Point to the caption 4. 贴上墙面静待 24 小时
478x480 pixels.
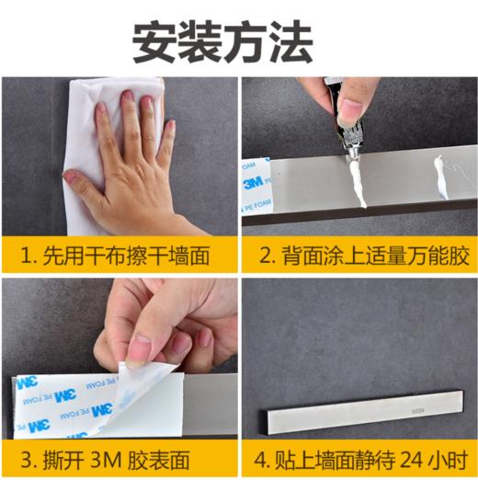click(x=359, y=457)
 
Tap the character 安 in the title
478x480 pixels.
click(x=154, y=40)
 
